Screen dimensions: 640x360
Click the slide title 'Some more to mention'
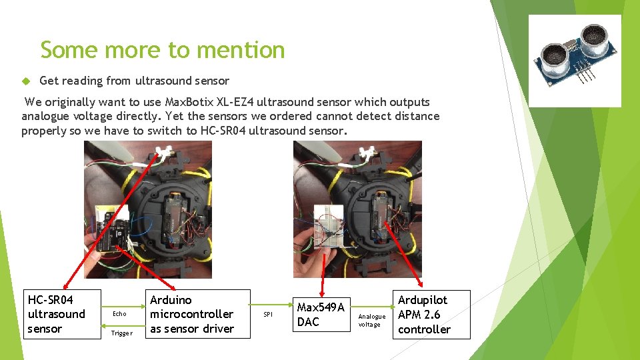click(x=162, y=50)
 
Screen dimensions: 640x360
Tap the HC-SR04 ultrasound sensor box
click(x=63, y=314)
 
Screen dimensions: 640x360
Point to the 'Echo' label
click(x=119, y=313)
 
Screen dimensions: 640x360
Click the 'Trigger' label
click(x=121, y=333)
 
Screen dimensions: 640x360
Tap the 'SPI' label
click(x=268, y=314)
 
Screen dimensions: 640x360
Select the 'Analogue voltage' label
click(x=371, y=320)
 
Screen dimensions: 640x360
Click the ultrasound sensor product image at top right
click(x=575, y=61)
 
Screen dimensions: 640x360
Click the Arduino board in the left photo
click(x=113, y=233)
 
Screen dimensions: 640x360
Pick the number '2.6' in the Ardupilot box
click(x=431, y=315)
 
